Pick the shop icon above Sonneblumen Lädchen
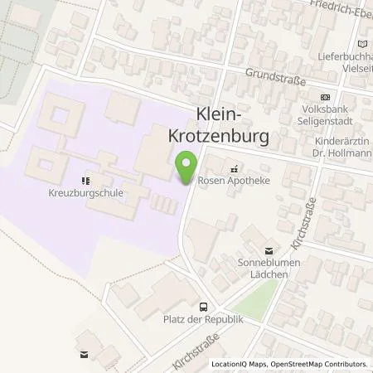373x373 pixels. (268, 248)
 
